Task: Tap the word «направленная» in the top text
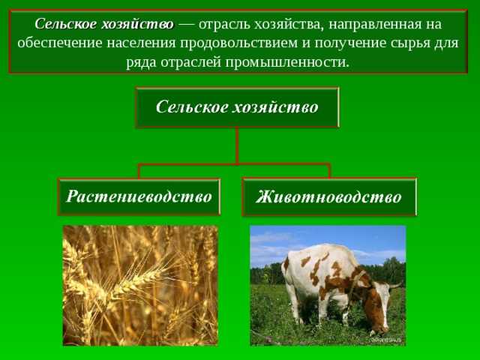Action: click(371, 24)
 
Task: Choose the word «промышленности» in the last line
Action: click(295, 61)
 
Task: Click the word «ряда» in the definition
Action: click(142, 61)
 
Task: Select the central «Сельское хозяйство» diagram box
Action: click(237, 107)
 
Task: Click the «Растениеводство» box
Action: click(139, 196)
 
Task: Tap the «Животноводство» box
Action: click(328, 197)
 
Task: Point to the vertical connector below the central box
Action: click(237, 145)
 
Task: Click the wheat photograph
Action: click(139, 285)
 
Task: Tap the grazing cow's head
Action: click(378, 318)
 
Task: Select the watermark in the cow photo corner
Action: click(385, 340)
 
